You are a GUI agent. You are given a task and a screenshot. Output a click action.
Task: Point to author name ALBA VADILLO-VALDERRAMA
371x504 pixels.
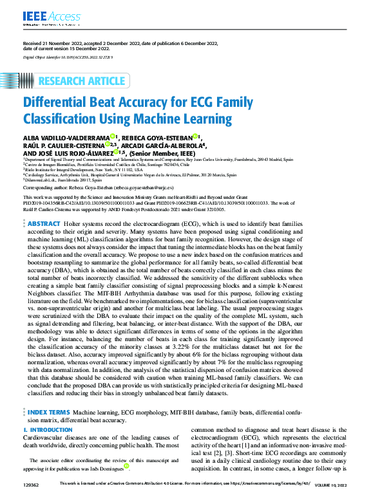66,137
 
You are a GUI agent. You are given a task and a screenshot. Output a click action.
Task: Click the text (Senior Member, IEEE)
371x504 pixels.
169,154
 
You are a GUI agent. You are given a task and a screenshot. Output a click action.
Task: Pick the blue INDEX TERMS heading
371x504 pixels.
48,411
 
